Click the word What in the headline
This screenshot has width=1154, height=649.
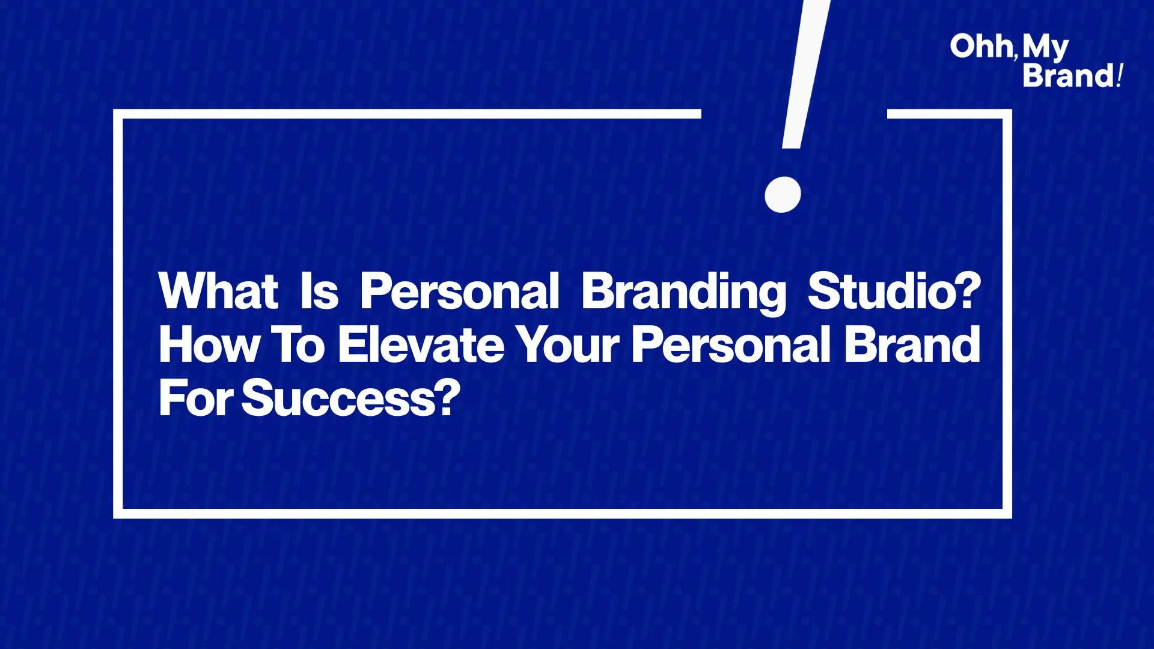(219, 291)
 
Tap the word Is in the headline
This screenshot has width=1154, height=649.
(319, 291)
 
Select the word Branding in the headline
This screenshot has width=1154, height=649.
(684, 293)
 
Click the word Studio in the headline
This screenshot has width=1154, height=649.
(881, 291)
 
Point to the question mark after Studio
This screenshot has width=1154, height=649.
(968, 291)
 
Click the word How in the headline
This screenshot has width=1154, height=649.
(209, 345)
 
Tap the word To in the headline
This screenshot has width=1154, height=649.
(299, 345)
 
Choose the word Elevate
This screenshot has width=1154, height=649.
(421, 345)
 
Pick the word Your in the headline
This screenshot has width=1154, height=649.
(569, 345)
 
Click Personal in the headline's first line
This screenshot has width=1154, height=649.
(460, 291)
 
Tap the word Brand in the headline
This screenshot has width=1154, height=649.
(912, 345)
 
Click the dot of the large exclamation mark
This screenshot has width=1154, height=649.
(783, 195)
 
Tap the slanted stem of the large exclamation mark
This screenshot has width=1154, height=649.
(806, 74)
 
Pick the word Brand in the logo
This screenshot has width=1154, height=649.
(1069, 76)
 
